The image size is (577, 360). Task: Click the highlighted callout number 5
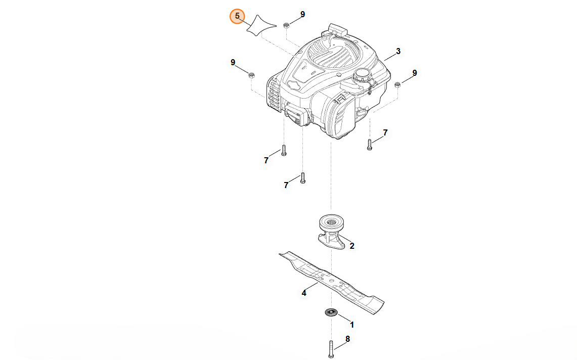click(x=237, y=16)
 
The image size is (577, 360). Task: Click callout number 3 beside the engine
click(x=398, y=51)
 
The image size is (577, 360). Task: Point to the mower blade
click(x=332, y=282)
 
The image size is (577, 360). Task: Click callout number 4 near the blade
click(x=303, y=293)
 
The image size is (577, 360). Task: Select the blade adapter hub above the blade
click(x=332, y=232)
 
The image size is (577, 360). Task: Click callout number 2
click(x=352, y=246)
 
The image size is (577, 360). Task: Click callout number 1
click(x=352, y=325)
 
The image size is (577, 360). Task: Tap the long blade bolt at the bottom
click(x=331, y=349)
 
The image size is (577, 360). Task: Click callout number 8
click(x=347, y=339)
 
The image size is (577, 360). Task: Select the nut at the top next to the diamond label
click(x=286, y=25)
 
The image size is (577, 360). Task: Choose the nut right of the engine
click(x=397, y=85)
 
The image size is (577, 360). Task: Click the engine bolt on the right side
click(x=370, y=144)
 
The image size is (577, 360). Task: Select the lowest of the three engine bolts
click(x=303, y=178)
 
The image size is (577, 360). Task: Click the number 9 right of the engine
click(x=414, y=73)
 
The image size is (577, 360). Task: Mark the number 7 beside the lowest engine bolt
click(x=286, y=185)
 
